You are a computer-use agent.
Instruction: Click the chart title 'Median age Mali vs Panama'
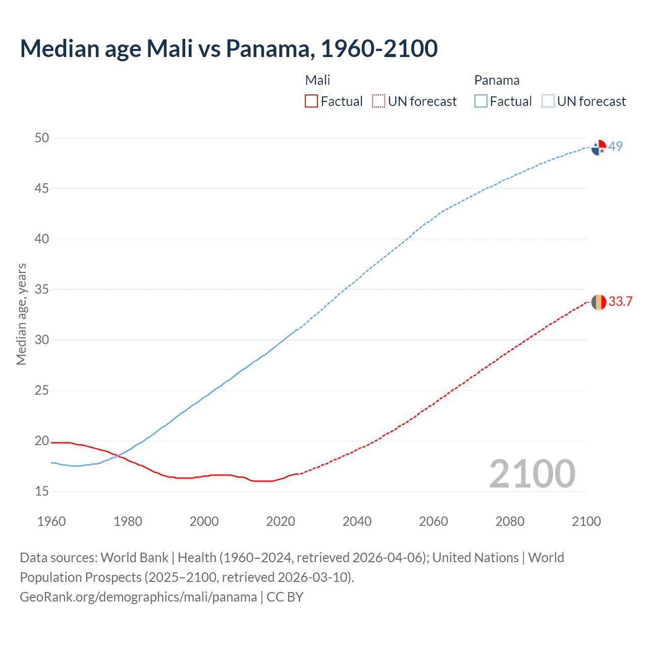(x=229, y=48)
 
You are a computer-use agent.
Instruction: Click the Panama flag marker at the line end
(x=599, y=147)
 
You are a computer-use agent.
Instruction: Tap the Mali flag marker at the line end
(x=599, y=302)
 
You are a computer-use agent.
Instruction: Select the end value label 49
(x=616, y=146)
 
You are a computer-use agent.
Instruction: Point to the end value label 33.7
(x=620, y=302)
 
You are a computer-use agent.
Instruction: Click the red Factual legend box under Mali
(x=311, y=101)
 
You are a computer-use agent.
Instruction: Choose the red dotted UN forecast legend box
(x=379, y=101)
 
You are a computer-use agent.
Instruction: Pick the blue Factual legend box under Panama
(x=481, y=101)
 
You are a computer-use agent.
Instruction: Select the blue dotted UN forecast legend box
(x=548, y=101)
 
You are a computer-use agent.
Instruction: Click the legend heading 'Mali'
(x=317, y=80)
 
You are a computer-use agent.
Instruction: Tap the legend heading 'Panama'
(x=497, y=80)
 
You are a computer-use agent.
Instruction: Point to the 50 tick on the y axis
(x=42, y=138)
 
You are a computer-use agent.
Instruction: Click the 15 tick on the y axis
(x=42, y=491)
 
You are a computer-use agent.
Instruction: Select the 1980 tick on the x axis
(x=128, y=521)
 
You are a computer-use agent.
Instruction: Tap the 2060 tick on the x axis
(x=434, y=521)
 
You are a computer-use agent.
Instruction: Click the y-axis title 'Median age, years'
(x=21, y=314)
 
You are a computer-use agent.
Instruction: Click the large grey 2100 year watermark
(x=532, y=474)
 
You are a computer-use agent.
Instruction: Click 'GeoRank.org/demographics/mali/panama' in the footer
(x=138, y=597)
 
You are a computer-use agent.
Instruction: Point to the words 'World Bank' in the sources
(x=134, y=558)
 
